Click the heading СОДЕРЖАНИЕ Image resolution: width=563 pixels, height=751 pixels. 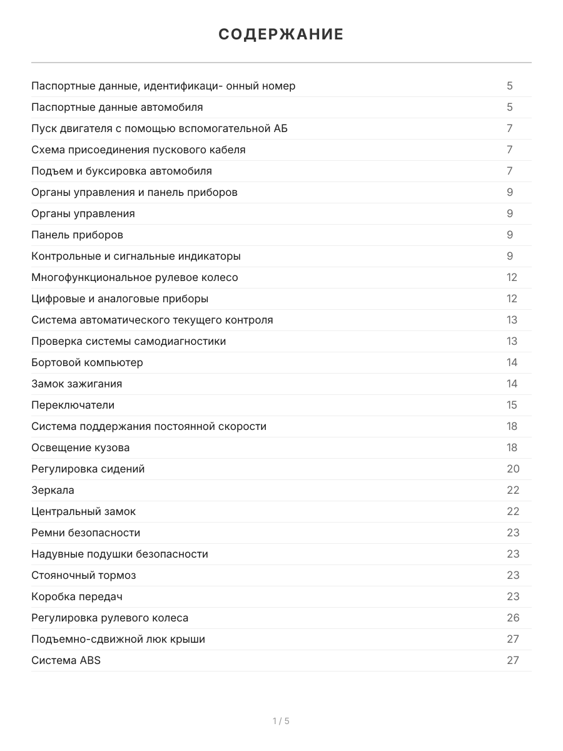(x=281, y=34)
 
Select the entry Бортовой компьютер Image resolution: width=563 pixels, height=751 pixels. (x=87, y=362)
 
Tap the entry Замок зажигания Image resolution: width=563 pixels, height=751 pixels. (x=76, y=384)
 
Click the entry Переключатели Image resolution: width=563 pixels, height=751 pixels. (x=73, y=405)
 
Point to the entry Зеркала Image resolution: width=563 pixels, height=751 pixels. (x=53, y=490)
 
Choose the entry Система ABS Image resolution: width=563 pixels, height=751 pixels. (x=66, y=660)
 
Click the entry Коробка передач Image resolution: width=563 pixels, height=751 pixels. (x=77, y=596)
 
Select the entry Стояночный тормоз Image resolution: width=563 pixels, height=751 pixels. (x=83, y=575)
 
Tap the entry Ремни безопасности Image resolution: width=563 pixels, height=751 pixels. (x=86, y=533)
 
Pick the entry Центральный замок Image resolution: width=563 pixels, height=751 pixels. (x=83, y=511)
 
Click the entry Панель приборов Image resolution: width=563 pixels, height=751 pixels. (x=77, y=235)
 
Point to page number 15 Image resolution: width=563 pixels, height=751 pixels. (x=512, y=405)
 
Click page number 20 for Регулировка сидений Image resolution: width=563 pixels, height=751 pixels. (x=512, y=469)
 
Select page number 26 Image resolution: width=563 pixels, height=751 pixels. (x=512, y=618)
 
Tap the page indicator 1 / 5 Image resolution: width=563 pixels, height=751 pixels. (x=281, y=721)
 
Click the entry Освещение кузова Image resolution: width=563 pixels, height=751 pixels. (x=81, y=447)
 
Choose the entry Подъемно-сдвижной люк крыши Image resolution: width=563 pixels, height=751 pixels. (x=118, y=639)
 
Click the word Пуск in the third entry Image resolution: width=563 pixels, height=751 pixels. (x=43, y=128)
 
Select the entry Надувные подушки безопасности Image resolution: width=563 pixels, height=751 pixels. (x=119, y=554)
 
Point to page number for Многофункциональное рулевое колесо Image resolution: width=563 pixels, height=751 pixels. (x=512, y=277)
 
